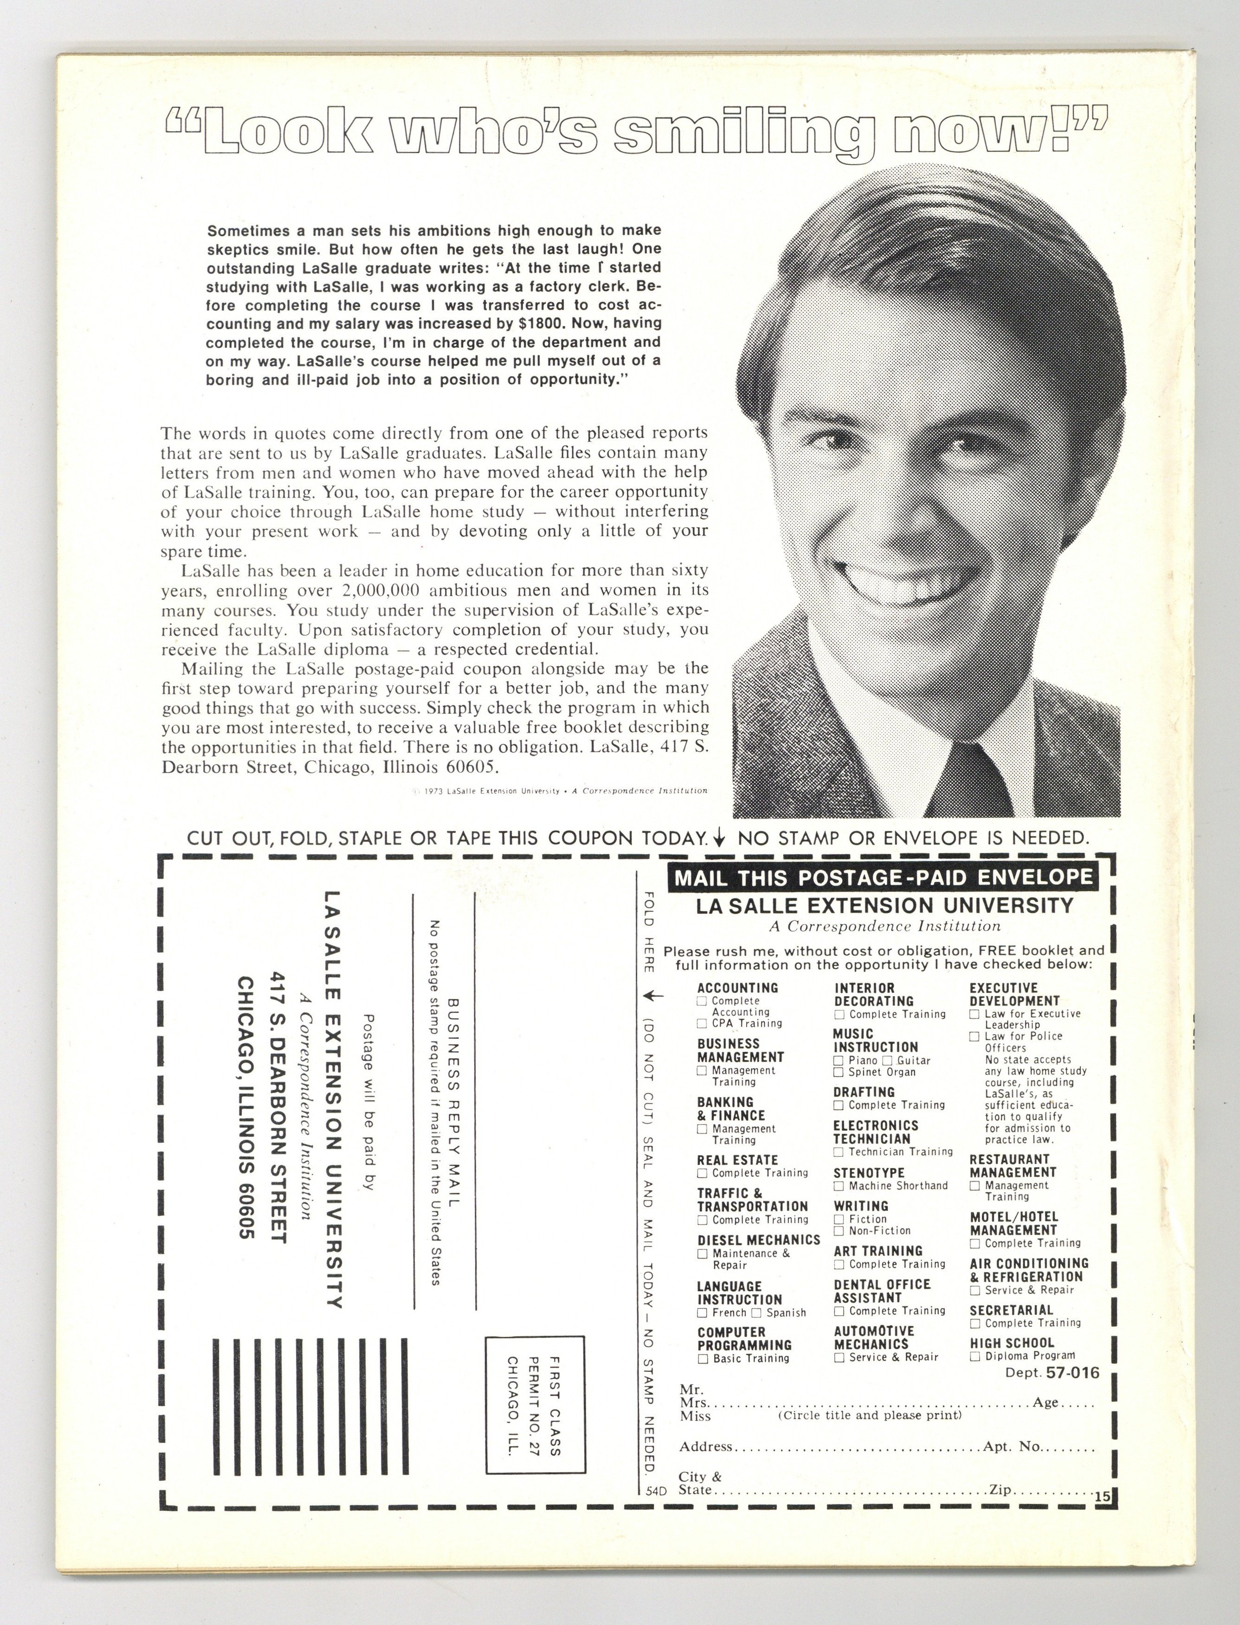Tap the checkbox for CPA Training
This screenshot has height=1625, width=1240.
(x=702, y=1024)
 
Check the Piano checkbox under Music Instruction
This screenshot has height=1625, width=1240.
(x=839, y=1061)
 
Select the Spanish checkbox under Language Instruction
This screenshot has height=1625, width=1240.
(x=756, y=1313)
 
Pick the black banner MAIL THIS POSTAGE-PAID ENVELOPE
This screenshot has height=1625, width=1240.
(x=883, y=878)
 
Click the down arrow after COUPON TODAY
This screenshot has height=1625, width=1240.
(x=720, y=838)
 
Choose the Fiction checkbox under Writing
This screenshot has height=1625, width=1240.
(x=839, y=1219)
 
